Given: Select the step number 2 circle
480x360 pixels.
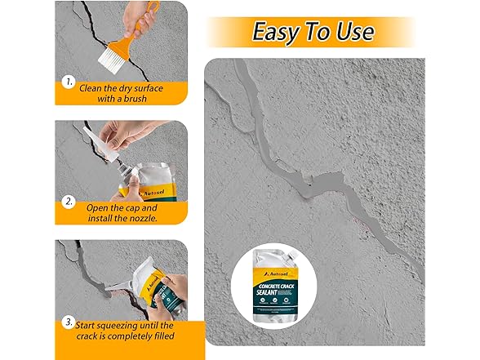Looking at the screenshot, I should [68, 199].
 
